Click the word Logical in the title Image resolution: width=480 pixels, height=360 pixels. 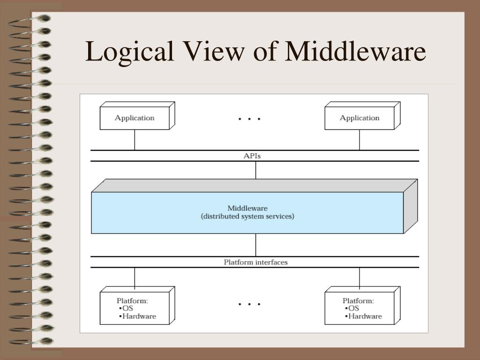coord(129,52)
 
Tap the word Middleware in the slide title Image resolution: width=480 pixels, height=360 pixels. coord(355,51)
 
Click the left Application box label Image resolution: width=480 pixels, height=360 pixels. coord(135,118)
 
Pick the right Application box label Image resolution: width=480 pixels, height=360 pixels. coord(360,118)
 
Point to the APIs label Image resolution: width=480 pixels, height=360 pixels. coord(252,156)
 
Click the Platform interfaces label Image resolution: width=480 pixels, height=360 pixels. coord(255,262)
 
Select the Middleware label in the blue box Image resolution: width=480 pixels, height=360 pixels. coord(247,208)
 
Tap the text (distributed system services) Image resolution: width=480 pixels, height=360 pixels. coord(247,217)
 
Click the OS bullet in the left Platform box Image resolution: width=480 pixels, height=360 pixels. coord(126,308)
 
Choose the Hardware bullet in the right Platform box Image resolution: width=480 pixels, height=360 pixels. coord(363,316)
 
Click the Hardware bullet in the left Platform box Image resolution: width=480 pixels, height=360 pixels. coord(137,316)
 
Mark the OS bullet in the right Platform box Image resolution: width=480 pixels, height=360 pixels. coord(352,308)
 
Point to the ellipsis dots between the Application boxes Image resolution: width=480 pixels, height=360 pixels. coord(249,119)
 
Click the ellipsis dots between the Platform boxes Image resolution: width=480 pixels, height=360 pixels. coord(249,304)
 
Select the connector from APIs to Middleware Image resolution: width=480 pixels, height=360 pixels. coord(255,170)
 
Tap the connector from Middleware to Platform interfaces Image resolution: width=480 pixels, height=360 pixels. coord(255,245)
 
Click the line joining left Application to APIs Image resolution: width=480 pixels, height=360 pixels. coord(135,140)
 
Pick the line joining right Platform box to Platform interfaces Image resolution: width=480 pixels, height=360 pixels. coord(360,278)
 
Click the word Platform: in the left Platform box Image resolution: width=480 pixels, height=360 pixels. coord(132,301)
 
